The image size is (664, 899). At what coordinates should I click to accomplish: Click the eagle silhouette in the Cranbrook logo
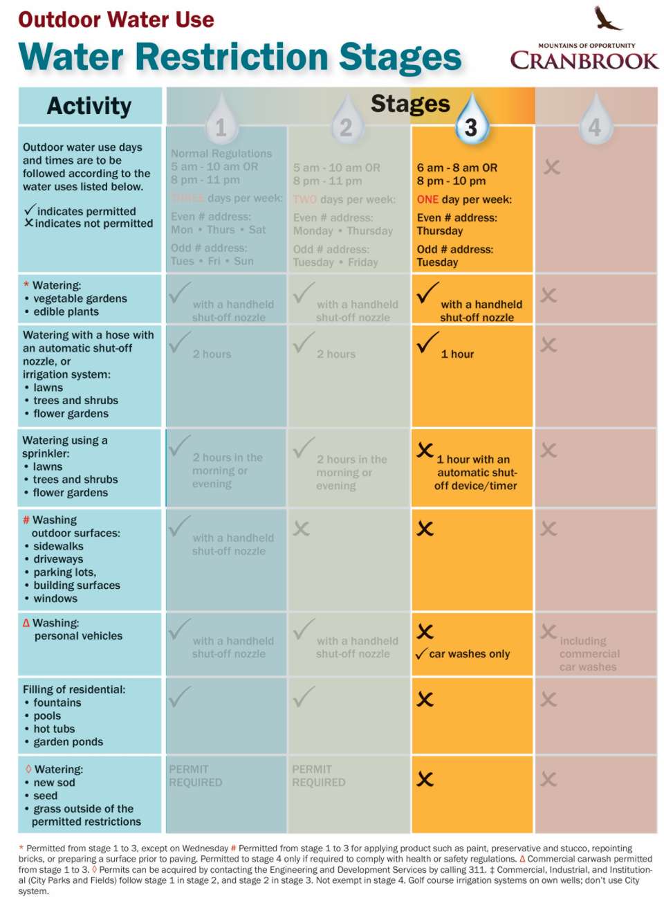(607, 19)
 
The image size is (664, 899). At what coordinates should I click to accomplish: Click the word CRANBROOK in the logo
(584, 61)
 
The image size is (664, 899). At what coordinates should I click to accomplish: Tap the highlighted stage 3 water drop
(471, 122)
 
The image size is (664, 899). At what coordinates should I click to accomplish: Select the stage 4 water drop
(594, 122)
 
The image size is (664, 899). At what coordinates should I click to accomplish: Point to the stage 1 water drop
(221, 122)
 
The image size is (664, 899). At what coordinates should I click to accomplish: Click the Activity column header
(89, 106)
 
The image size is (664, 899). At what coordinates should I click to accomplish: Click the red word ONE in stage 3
(427, 199)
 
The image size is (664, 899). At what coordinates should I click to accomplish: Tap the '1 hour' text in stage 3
(457, 354)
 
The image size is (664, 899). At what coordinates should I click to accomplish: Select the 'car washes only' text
(469, 654)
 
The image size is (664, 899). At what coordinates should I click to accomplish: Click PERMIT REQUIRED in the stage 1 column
(195, 776)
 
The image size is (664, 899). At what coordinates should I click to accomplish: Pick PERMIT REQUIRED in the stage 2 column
(318, 776)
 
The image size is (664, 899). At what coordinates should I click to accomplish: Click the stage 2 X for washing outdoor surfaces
(301, 529)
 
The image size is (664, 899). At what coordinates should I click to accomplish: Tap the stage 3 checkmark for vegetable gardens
(427, 293)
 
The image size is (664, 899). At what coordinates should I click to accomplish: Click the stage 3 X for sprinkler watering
(425, 451)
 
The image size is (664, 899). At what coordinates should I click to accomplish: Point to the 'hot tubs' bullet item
(54, 729)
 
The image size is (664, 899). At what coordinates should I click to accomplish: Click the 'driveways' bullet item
(58, 559)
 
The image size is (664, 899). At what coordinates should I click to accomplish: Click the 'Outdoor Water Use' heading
(116, 19)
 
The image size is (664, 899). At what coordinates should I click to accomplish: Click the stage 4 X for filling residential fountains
(548, 700)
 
